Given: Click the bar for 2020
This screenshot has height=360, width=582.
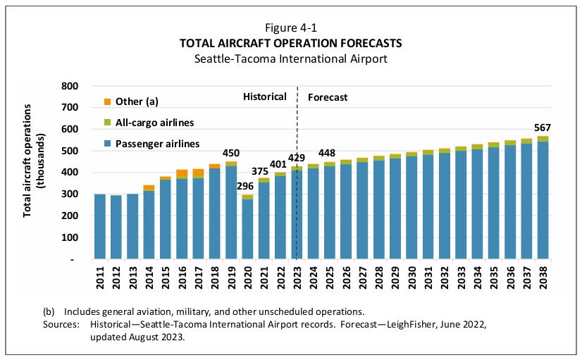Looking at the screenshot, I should tap(247, 228).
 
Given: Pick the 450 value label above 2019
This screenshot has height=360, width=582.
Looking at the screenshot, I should tap(231, 153).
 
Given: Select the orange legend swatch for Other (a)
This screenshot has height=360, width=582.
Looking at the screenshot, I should tap(107, 101).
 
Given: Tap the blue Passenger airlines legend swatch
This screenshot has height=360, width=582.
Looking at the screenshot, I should tap(107, 144).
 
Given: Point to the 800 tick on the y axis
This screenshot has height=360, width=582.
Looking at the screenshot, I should tap(68, 86).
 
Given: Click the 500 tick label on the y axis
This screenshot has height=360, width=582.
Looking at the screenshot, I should tap(68, 151).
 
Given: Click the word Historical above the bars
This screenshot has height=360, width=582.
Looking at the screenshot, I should tap(265, 97).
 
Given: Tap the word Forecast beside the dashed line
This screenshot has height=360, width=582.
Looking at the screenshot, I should tap(328, 97).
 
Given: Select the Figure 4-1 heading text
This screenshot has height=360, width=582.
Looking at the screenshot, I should tap(290, 28).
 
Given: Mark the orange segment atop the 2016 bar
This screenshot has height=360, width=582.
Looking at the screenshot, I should tap(182, 173).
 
